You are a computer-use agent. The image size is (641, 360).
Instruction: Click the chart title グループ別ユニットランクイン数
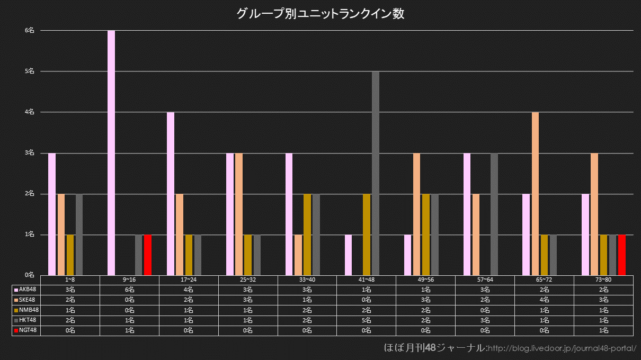(x=320, y=14)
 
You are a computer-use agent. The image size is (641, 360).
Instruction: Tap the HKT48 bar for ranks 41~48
(x=376, y=173)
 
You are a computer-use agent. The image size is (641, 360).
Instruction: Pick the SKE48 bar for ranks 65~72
(x=535, y=193)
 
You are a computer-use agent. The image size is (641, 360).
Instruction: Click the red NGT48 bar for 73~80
(x=622, y=255)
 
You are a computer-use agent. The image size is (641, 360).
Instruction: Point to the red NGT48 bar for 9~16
(x=147, y=255)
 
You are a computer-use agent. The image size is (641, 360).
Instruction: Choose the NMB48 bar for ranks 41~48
(x=367, y=234)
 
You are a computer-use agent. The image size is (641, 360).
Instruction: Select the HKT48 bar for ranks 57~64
(x=494, y=214)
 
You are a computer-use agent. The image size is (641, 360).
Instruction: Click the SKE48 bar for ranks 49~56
(x=416, y=214)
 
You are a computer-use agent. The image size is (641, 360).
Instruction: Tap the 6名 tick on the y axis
(x=30, y=31)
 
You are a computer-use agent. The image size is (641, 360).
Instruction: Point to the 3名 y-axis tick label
(x=30, y=153)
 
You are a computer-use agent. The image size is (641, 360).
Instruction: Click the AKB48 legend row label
(x=26, y=290)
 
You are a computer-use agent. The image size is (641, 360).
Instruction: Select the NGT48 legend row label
(x=26, y=330)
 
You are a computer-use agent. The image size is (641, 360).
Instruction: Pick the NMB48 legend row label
(x=26, y=310)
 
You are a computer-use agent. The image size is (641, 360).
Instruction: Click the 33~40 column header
(x=307, y=280)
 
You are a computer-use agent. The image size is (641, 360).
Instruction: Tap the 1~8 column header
(x=70, y=280)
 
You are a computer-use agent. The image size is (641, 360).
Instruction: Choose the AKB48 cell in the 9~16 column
(x=129, y=290)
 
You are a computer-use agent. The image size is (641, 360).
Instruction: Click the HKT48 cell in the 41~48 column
(x=367, y=320)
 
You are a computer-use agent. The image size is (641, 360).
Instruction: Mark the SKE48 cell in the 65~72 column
(x=544, y=300)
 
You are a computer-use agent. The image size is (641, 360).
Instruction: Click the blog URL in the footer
(x=562, y=348)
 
